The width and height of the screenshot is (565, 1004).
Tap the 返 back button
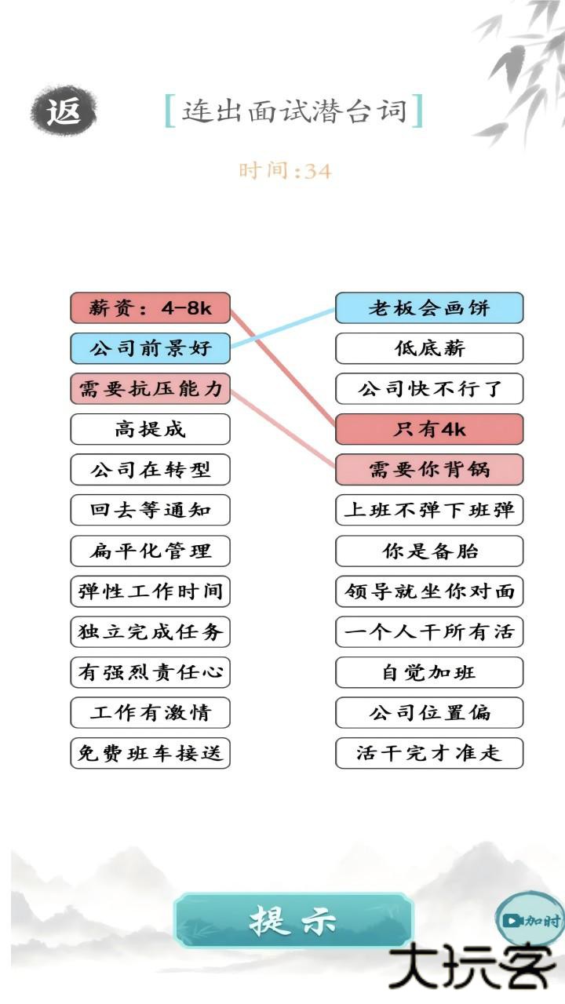(64, 111)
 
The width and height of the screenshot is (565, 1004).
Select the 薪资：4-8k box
(150, 308)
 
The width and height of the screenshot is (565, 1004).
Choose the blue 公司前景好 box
(150, 348)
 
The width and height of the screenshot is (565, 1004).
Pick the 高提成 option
(150, 429)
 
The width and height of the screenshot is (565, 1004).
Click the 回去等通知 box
(150, 510)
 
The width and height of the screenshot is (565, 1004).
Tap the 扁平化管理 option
(150, 551)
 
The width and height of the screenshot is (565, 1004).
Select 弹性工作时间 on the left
(150, 591)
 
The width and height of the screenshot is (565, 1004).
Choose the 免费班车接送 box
(150, 753)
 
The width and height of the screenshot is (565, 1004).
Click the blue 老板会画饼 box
(429, 308)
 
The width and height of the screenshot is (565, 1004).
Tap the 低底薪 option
(429, 348)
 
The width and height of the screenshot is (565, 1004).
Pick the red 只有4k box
(429, 429)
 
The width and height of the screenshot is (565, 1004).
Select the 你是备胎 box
(429, 551)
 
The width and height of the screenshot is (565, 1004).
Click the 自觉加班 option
(429, 672)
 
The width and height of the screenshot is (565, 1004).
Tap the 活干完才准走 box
(429, 753)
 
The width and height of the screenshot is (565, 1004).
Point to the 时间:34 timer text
(285, 170)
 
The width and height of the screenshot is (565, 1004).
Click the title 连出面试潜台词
(294, 111)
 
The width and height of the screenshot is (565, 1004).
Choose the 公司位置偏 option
(429, 712)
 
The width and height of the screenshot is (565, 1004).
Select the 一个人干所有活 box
(429, 631)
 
